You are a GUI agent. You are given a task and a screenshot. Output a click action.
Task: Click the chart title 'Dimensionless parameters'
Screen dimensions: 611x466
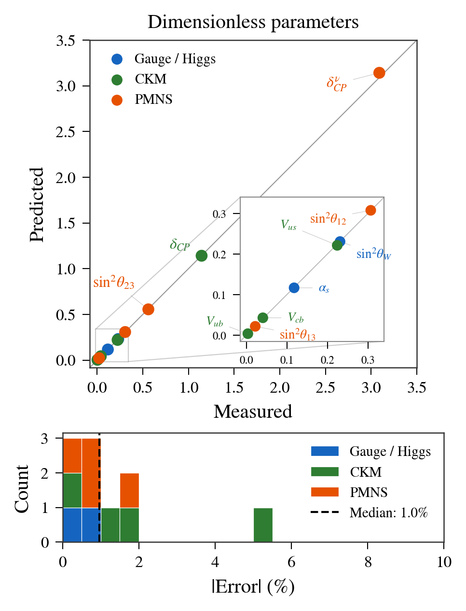pyautogui.click(x=253, y=22)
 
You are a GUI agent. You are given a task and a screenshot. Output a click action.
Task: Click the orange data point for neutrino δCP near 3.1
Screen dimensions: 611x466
pyautogui.click(x=379, y=73)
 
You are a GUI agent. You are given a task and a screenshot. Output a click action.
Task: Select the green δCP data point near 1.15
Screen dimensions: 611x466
pyautogui.click(x=202, y=256)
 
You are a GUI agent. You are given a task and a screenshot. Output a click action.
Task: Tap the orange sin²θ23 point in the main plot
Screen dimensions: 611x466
pyautogui.click(x=148, y=309)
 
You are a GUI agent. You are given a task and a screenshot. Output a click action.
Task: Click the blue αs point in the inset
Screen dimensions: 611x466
pyautogui.click(x=294, y=288)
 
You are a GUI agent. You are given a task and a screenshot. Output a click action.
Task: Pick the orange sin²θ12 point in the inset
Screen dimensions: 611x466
pyautogui.click(x=370, y=210)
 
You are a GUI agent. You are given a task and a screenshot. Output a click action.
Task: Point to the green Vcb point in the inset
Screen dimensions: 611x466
pyautogui.click(x=262, y=318)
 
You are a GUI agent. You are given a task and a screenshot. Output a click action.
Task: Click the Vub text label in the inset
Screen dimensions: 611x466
pyautogui.click(x=215, y=322)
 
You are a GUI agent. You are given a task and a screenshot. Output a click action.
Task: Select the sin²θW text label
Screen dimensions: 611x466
pyautogui.click(x=373, y=254)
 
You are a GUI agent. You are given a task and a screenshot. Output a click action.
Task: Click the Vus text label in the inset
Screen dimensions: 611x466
pyautogui.click(x=288, y=225)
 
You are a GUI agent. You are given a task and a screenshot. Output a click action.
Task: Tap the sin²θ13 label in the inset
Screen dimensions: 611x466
pyautogui.click(x=298, y=335)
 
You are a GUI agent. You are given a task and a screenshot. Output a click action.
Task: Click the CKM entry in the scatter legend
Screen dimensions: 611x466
pyautogui.click(x=151, y=79)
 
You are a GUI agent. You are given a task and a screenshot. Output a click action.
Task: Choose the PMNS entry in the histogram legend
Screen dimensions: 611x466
pyautogui.click(x=369, y=492)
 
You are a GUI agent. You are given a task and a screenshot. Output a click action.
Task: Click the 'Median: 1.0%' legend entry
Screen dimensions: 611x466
pyautogui.click(x=388, y=512)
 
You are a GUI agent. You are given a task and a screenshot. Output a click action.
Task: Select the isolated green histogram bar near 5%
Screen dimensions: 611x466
pyautogui.click(x=263, y=525)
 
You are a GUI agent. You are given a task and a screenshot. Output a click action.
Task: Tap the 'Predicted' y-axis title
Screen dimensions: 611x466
pyautogui.click(x=37, y=205)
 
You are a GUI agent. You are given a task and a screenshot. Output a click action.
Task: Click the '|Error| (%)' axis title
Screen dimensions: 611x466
pyautogui.click(x=253, y=587)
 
